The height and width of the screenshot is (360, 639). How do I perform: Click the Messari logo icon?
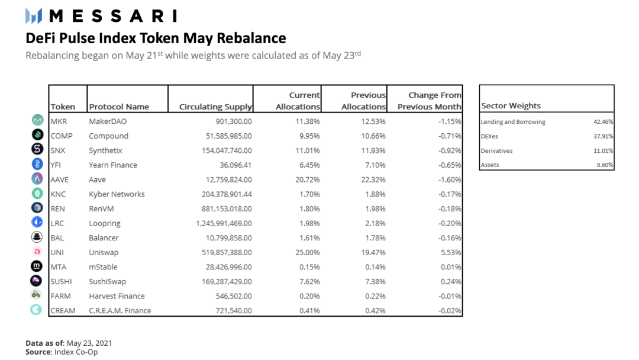[33, 16]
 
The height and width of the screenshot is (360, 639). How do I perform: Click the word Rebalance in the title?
[251, 38]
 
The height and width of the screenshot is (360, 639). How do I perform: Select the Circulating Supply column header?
[215, 107]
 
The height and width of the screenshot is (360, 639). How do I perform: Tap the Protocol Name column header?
[119, 107]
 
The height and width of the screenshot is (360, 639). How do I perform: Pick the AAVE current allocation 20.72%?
[308, 180]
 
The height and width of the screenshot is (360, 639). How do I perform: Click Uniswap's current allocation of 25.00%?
[308, 253]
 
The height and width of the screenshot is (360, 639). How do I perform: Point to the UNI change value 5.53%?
[451, 253]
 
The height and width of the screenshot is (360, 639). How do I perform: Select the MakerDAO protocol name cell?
[108, 121]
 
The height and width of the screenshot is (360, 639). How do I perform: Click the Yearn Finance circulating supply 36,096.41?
[235, 165]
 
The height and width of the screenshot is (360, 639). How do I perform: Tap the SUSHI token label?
[61, 282]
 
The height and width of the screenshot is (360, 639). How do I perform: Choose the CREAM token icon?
[36, 310]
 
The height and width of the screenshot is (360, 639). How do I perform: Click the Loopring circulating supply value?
[224, 223]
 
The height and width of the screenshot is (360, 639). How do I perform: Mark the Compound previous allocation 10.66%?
[373, 136]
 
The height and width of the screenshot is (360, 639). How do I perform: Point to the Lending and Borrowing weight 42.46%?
[603, 122]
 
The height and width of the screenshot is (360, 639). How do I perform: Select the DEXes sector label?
[489, 137]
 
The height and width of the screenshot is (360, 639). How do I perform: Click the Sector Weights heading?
[511, 106]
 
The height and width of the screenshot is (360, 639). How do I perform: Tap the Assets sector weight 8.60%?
[605, 165]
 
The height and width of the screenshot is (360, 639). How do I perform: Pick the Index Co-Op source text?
[76, 352]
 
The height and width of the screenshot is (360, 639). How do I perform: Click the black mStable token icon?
[37, 266]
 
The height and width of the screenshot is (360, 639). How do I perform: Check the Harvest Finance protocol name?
[117, 297]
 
